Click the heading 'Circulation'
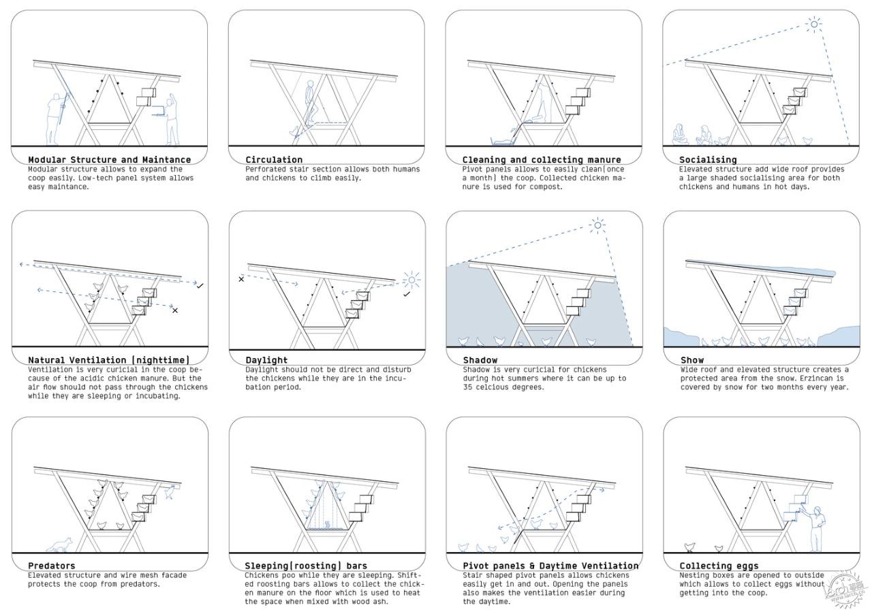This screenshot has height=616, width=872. [x=274, y=159]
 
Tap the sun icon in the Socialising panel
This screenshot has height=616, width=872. [x=814, y=24]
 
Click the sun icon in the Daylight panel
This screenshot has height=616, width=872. [x=411, y=280]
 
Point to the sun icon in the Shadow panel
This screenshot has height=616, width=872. [x=597, y=225]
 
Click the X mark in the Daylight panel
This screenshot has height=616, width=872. [x=241, y=279]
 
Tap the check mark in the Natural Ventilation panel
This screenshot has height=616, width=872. [x=200, y=286]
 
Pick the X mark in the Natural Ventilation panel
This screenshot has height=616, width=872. [x=175, y=310]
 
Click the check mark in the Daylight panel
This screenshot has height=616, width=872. [x=407, y=295]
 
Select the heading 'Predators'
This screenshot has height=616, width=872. [x=51, y=566]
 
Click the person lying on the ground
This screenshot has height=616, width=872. [x=503, y=141]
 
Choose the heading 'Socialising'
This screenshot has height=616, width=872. [x=708, y=159]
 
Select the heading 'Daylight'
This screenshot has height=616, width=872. [x=266, y=360]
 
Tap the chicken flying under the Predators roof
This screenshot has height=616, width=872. [x=170, y=491]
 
